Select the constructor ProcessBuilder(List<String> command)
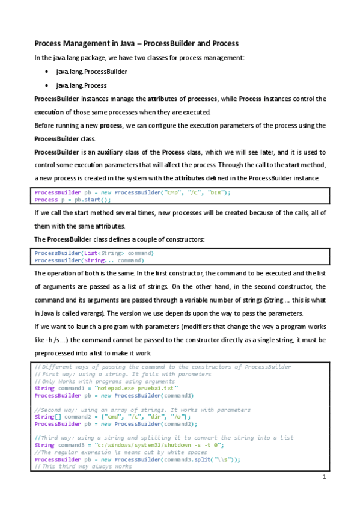coord(94,253)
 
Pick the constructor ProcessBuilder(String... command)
coord(89,260)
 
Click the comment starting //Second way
coord(142,410)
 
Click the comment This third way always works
coord(83,466)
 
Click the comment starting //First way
coord(123,374)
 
